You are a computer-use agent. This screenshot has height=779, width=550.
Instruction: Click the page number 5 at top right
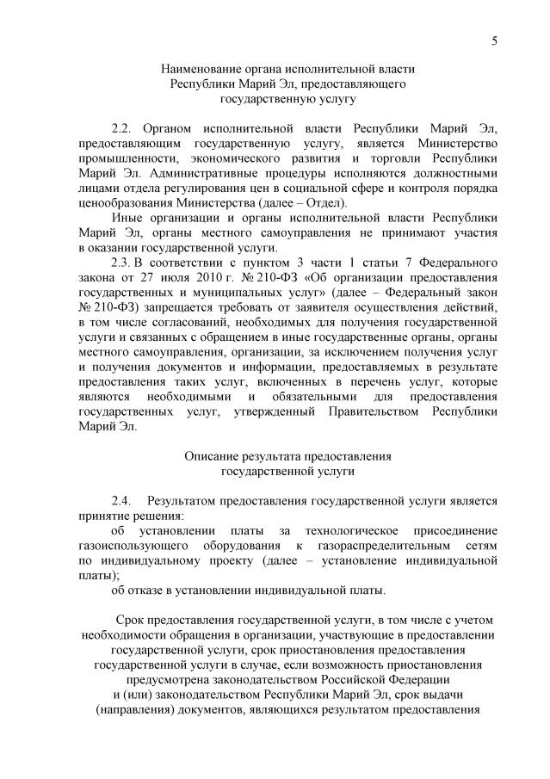point(494,40)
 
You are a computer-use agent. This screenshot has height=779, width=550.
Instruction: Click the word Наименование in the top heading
point(204,69)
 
